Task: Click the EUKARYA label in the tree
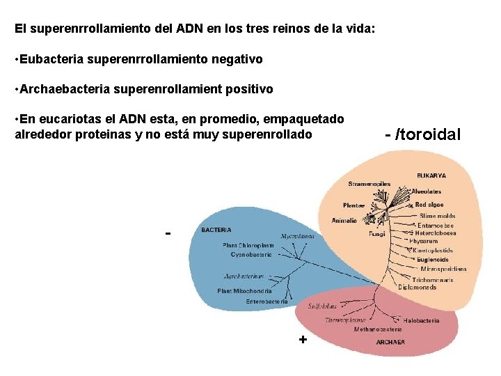[x=431, y=175]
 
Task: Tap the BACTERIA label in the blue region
[x=216, y=229]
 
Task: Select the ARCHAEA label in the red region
[x=390, y=342]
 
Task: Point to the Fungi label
[x=376, y=235]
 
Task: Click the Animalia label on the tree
[x=344, y=221]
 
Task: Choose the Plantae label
[x=353, y=205]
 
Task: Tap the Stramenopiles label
[x=369, y=184]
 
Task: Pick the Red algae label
[x=430, y=205]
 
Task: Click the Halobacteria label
[x=422, y=321]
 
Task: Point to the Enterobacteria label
[x=267, y=301]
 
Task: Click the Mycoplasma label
[x=297, y=236]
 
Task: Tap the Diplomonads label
[x=417, y=286]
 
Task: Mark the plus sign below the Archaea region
[x=302, y=339]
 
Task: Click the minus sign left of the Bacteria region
[x=168, y=233]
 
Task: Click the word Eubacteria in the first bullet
[x=53, y=59]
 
